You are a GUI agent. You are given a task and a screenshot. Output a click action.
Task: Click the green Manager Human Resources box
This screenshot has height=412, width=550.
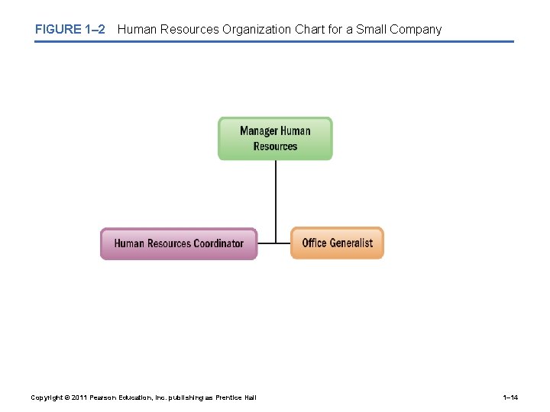(275, 138)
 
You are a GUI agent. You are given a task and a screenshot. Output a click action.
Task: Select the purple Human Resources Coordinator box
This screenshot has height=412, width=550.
(179, 243)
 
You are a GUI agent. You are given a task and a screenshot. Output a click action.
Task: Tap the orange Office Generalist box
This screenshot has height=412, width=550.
(337, 243)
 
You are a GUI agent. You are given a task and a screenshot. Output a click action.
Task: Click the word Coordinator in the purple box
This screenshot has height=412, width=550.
(218, 243)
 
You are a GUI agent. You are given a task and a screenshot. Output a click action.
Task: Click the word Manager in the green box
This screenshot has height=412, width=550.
(259, 130)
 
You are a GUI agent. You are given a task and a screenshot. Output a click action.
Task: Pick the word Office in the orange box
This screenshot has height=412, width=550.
(315, 243)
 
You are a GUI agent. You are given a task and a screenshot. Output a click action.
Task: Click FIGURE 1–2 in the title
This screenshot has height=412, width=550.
(70, 30)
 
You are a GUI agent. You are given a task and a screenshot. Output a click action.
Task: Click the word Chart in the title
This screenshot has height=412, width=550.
(310, 30)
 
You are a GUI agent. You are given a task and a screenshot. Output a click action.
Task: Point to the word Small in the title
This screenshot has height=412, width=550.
(371, 30)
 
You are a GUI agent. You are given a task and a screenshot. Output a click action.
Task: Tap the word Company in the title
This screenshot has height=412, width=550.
(416, 30)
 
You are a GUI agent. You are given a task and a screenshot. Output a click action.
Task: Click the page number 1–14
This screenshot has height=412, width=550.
(510, 398)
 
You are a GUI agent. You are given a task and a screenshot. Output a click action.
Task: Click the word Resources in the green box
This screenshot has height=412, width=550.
(275, 146)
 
